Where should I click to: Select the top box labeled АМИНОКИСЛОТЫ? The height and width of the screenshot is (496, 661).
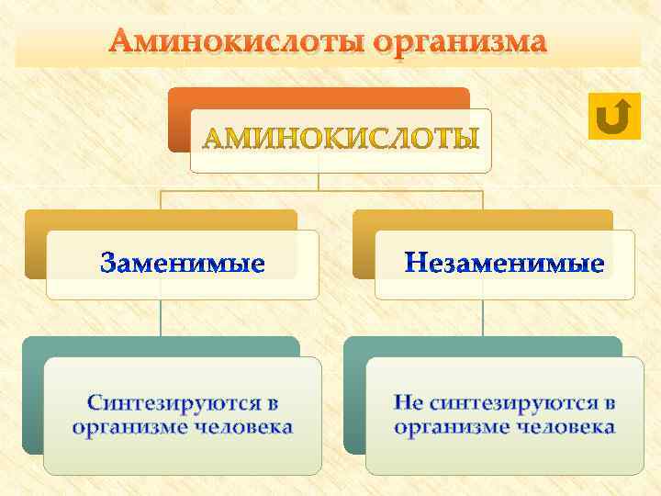tap(341, 140)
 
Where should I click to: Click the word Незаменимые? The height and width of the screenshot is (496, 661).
tap(505, 265)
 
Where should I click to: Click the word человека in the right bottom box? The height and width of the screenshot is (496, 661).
tap(565, 427)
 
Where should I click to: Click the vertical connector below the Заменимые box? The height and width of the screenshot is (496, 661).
tap(161, 317)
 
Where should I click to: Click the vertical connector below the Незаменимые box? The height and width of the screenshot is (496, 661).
tap(482, 317)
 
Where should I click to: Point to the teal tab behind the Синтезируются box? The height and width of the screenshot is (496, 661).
tap(33, 395)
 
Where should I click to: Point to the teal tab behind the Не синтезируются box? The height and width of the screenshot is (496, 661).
tap(354, 395)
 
